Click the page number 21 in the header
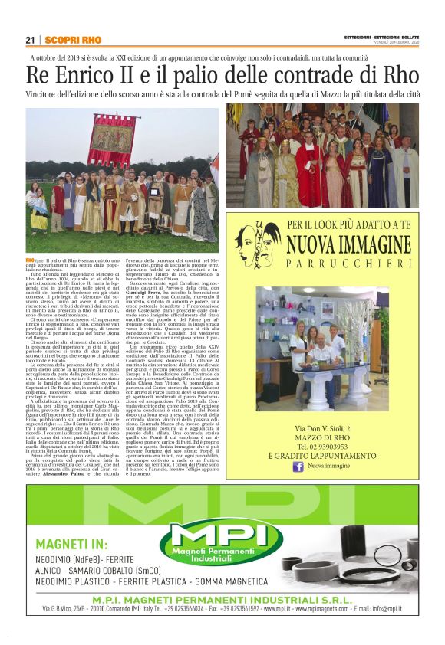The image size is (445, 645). point(30,40)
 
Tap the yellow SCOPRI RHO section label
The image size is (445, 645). point(72,40)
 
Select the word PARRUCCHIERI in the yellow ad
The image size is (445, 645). point(349,264)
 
